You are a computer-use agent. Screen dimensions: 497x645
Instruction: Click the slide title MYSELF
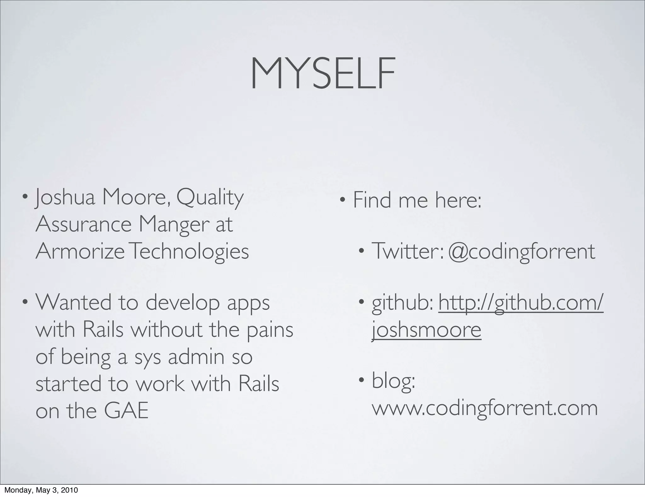pos(322,74)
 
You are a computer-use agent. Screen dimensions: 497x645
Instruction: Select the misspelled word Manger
pos(174,225)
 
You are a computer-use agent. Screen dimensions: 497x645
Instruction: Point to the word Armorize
pos(80,251)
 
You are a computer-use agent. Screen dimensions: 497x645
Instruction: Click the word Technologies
pos(189,252)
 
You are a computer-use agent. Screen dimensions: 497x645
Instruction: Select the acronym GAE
pos(126,411)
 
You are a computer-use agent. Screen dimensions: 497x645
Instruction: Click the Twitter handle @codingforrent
pos(521,252)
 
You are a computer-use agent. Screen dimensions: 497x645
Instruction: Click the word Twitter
pos(406,251)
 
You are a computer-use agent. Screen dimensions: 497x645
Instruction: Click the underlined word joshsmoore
pos(426,330)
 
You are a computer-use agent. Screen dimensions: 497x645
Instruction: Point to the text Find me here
pos(417,200)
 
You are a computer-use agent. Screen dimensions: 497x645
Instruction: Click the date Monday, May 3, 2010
pos(41,490)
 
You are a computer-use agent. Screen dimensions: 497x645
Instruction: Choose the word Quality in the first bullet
pos(210,198)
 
